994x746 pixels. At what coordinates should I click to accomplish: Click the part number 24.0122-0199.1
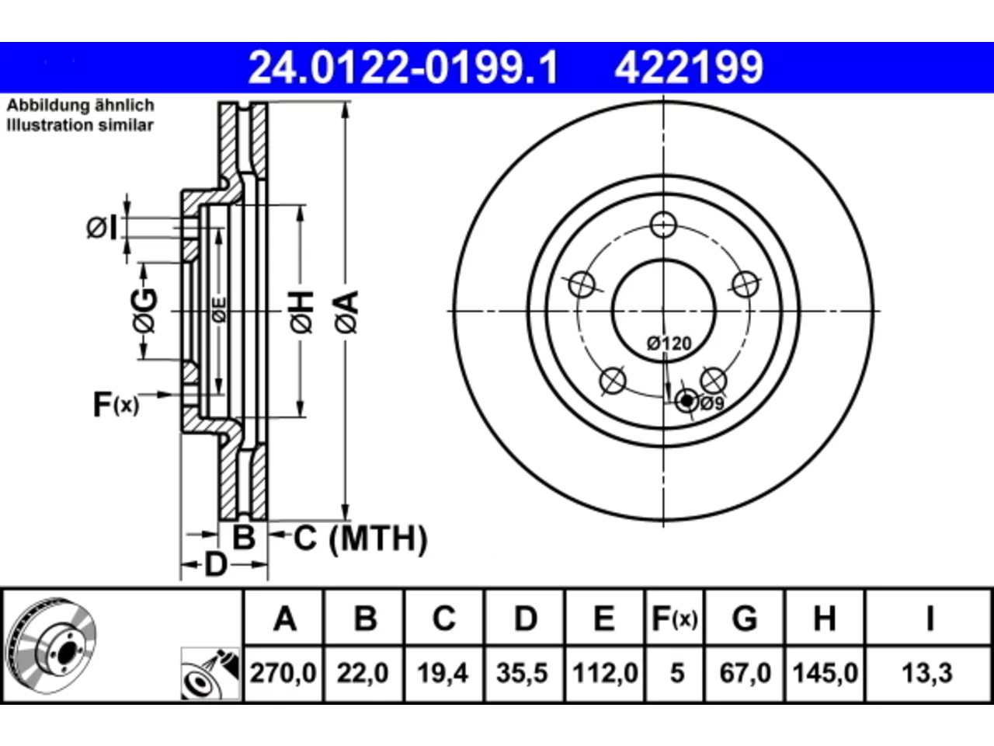[403, 68]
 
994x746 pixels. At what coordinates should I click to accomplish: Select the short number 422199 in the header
[689, 68]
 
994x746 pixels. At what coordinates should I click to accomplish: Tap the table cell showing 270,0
[283, 673]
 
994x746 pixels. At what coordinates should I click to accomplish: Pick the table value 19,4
[443, 673]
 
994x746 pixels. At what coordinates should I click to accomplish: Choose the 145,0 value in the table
[825, 673]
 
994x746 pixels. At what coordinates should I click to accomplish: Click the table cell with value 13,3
[927, 673]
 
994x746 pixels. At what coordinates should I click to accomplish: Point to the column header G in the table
[745, 619]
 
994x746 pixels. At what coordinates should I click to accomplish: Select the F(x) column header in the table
[675, 619]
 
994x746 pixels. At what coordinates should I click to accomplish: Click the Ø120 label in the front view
[669, 343]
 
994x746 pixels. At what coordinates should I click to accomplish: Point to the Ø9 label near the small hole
[712, 403]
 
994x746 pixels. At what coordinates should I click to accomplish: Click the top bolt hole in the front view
[663, 225]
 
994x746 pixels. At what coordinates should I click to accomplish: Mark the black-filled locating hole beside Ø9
[687, 400]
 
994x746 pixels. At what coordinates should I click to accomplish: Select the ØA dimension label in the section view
[347, 312]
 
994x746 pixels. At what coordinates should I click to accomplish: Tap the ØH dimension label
[301, 312]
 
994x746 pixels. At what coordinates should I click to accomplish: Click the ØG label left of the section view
[145, 311]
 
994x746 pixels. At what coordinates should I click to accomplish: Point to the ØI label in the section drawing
[102, 228]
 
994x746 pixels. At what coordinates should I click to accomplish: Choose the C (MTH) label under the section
[360, 539]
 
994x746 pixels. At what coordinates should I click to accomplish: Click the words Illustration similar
[80, 125]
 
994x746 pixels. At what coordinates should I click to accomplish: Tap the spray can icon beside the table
[210, 674]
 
